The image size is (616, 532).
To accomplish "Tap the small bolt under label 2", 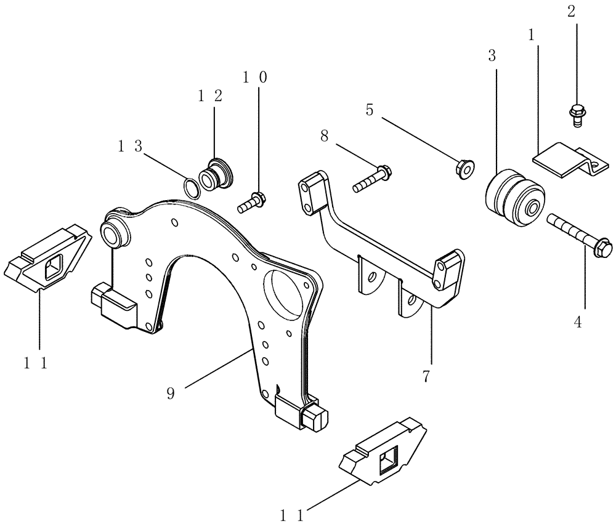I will (577, 115).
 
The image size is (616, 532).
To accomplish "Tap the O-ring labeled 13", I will (192, 187).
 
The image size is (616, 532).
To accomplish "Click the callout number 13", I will (130, 146).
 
